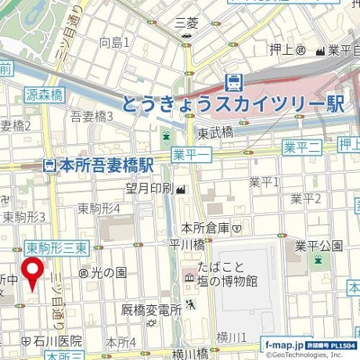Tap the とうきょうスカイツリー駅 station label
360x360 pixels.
[233, 104]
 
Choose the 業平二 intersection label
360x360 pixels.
[301, 147]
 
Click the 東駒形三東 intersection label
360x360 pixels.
[56, 247]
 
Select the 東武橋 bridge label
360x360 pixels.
[216, 133]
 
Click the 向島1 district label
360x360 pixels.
[114, 42]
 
